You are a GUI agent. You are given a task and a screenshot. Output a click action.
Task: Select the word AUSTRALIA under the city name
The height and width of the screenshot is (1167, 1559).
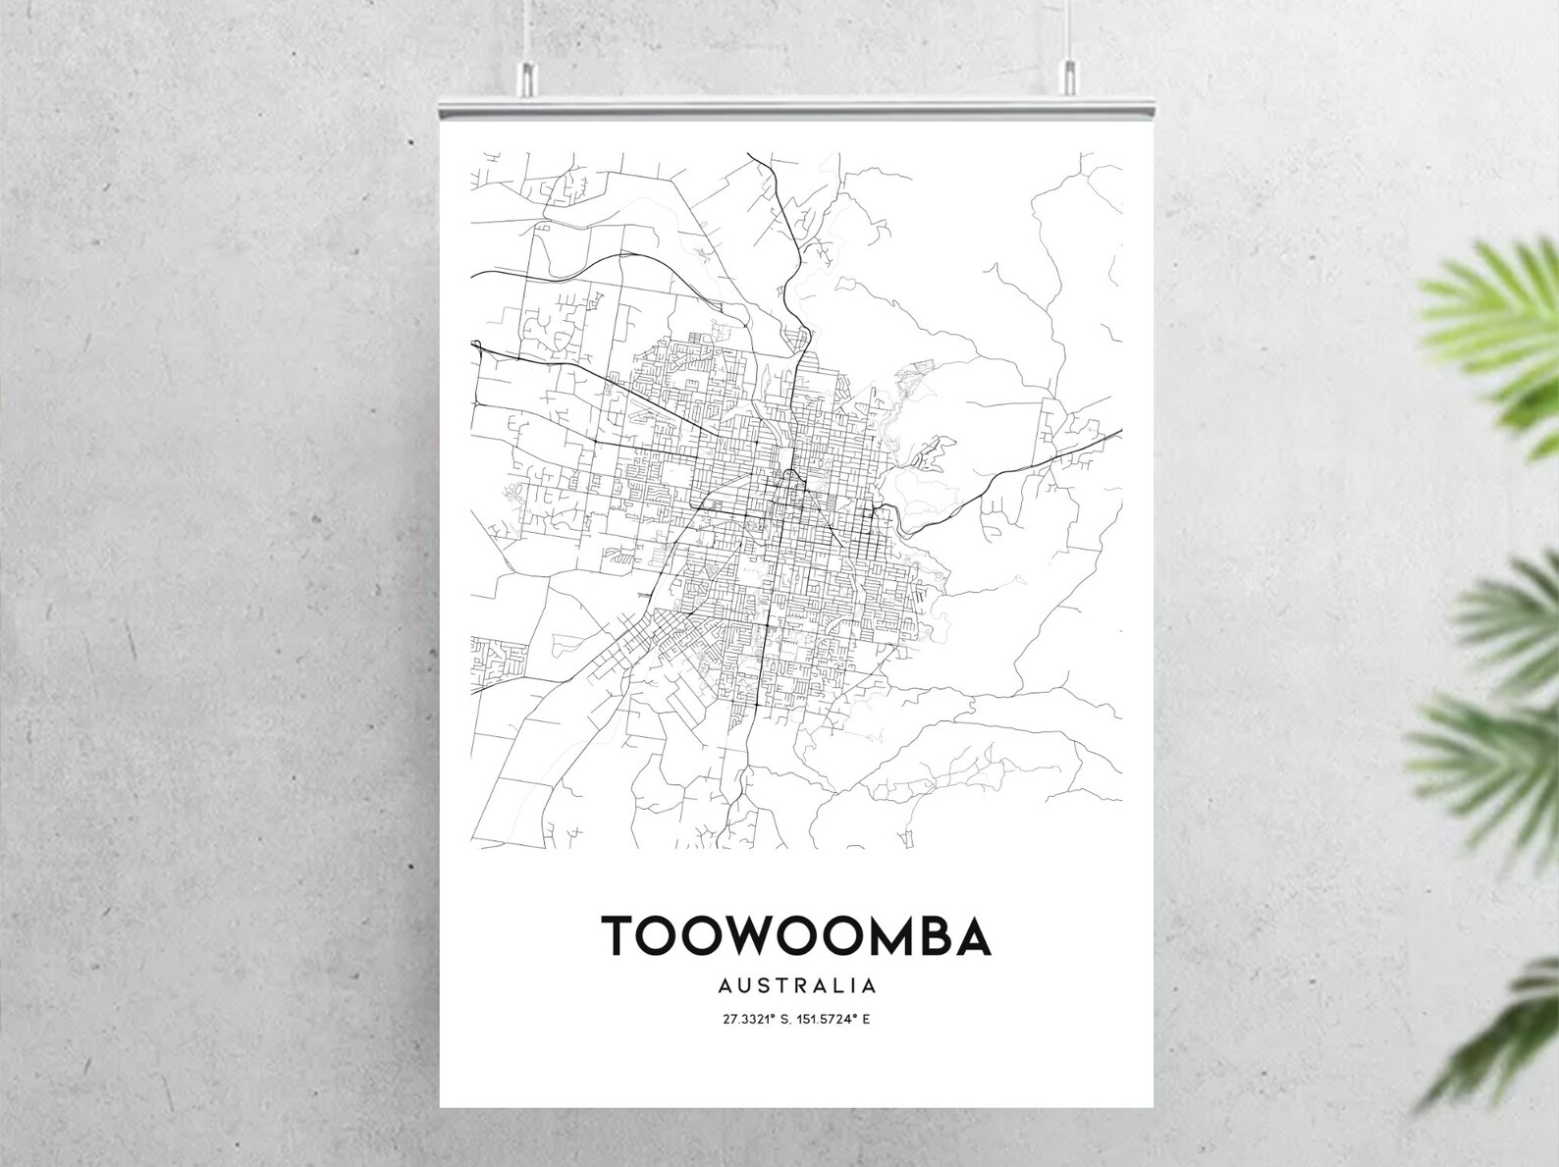point(796,984)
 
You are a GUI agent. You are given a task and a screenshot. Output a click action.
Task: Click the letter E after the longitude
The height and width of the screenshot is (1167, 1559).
point(867,1019)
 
